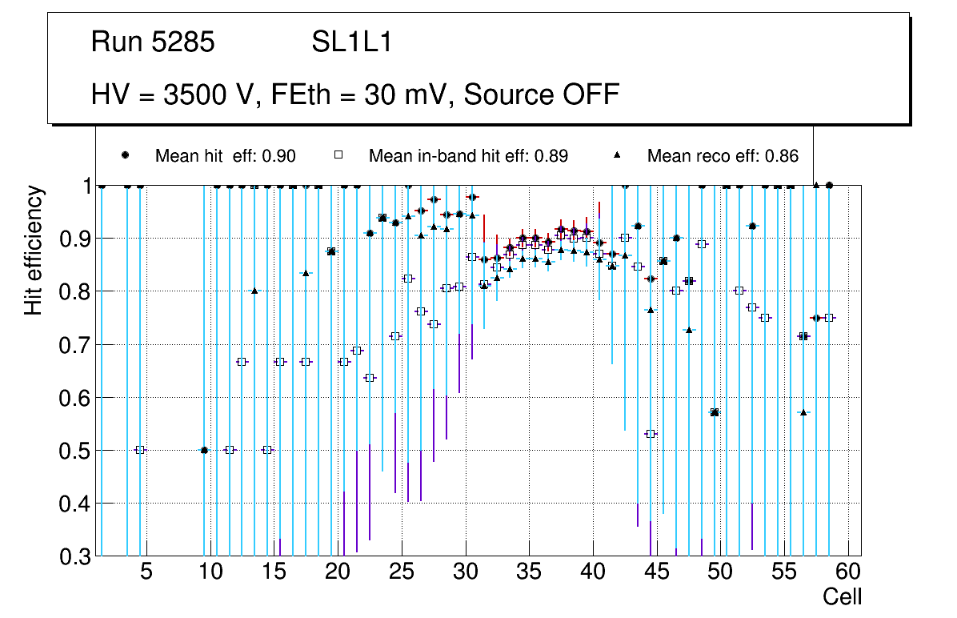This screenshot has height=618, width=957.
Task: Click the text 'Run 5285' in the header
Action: pos(153,42)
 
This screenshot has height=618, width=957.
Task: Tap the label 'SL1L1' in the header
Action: pos(351,42)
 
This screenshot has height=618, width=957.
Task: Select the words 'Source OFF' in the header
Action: pos(542,94)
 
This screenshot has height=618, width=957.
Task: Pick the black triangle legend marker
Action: pos(617,155)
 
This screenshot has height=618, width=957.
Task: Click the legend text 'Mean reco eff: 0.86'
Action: pos(723,156)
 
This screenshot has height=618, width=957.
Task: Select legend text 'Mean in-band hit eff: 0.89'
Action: pos(468,156)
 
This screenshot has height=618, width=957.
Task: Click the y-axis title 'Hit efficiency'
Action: pos(34,250)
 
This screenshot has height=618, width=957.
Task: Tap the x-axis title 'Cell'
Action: pos(842,597)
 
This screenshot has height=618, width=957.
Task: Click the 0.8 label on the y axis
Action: pos(77,291)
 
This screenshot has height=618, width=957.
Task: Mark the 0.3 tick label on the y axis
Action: pos(77,556)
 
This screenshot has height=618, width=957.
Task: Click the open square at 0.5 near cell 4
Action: pos(140,450)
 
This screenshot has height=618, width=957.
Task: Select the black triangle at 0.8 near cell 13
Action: pos(254,291)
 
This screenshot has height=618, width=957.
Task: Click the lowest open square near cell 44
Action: pos(651,434)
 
